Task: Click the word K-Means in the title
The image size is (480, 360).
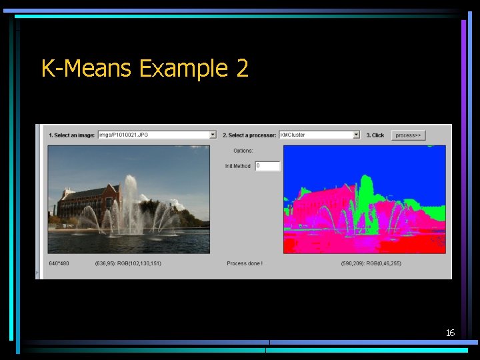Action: [85, 68]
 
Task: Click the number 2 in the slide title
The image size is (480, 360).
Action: [241, 68]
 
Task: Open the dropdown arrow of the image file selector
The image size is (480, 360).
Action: [213, 135]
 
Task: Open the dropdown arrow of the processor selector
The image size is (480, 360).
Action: [356, 135]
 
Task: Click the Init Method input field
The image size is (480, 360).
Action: [267, 166]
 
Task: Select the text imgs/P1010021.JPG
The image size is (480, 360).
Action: [124, 135]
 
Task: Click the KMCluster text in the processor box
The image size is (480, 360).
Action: [293, 135]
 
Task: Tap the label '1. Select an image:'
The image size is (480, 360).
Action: [72, 135]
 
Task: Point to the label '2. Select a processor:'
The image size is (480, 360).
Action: [249, 135]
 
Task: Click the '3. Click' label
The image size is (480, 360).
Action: [375, 135]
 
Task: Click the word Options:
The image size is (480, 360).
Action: [243, 151]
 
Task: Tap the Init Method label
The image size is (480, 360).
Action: [238, 166]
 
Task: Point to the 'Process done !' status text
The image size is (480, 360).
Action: [245, 263]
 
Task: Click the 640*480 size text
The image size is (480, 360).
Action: [59, 263]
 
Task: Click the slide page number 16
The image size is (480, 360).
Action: [450, 332]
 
